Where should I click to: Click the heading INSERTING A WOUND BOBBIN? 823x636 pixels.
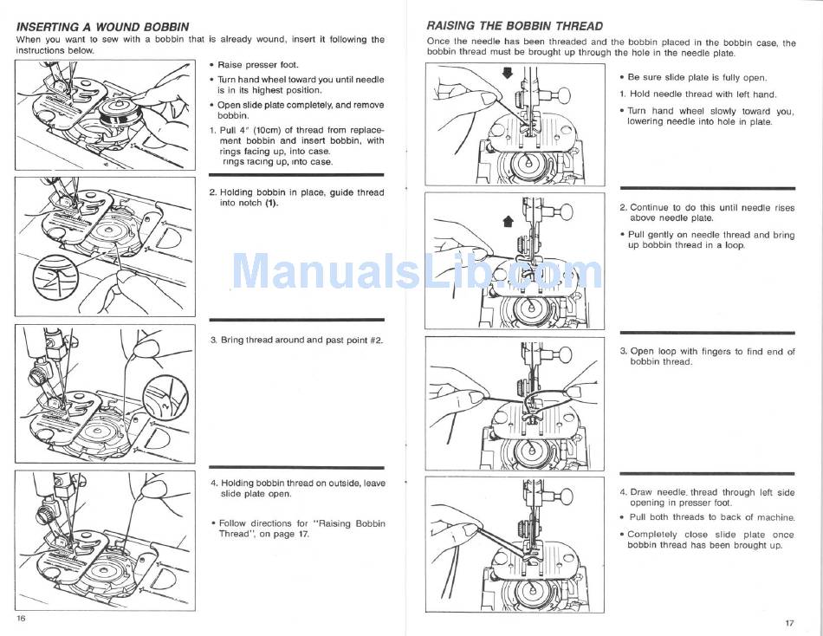102,27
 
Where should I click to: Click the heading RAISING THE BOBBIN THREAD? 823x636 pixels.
515,26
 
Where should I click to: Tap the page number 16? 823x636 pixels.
21,618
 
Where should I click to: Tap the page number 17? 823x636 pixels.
789,623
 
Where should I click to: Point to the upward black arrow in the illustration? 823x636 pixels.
509,221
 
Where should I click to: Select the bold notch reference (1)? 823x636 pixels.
272,203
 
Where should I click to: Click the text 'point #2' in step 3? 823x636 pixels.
363,340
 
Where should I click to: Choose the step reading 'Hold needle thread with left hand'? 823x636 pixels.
703,94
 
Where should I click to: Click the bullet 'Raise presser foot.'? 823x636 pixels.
258,65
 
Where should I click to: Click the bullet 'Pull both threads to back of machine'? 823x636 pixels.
711,517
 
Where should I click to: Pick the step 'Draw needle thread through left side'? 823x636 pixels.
710,492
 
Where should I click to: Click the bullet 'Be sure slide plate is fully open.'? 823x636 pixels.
697,78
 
